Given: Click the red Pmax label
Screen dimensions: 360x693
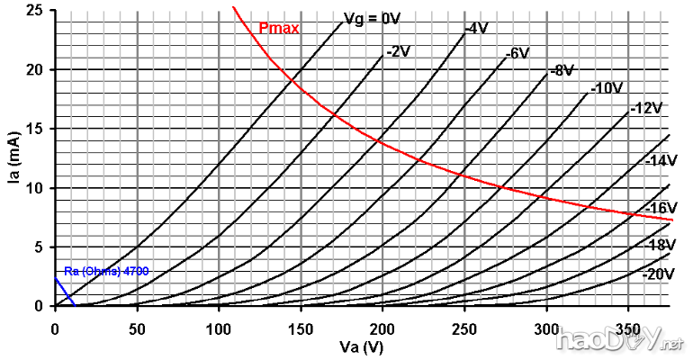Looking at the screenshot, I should pos(278,28).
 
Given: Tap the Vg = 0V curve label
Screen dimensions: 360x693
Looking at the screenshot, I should pos(373,18).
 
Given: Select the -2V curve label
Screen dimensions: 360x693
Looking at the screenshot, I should pos(397,51).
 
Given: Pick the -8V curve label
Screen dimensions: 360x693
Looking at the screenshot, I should pos(562,70).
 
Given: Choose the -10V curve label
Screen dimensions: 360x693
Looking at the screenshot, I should pos(607,88).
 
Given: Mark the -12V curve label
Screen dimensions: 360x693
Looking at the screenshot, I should pos(646,108).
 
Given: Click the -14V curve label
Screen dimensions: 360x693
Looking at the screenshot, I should pos(661,161).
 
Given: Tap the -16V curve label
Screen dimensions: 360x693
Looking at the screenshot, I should pos(661,209).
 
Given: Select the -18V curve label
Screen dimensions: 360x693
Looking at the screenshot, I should pos(661,246).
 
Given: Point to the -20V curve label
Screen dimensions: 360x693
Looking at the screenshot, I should pos(660,274).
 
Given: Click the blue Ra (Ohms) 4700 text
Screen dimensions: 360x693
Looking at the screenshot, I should pos(106,271).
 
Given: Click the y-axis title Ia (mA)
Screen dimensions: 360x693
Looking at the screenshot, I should pos(15,160).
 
